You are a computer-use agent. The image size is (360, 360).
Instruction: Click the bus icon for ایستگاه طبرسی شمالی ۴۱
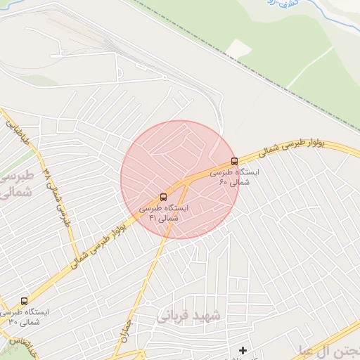(x=163, y=197)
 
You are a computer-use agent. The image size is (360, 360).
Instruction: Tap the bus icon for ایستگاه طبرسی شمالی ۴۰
(x=234, y=160)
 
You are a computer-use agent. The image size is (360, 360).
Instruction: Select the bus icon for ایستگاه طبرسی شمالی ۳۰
(x=25, y=301)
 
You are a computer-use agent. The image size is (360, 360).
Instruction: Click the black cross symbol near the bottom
(x=243, y=350)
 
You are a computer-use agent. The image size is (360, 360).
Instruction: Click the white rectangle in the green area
(x=239, y=49)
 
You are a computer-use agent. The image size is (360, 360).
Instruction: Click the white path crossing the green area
(x=309, y=67)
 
